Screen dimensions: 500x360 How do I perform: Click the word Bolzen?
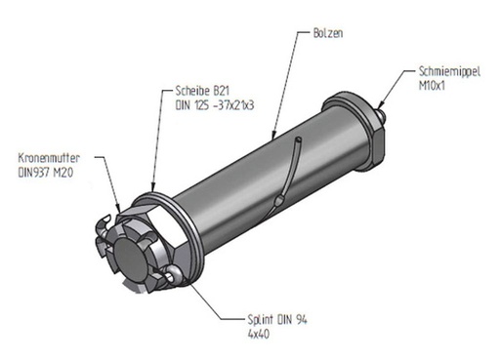(x=328, y=33)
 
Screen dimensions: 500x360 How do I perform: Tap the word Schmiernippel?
(x=449, y=71)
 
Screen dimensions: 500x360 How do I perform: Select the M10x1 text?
(x=432, y=86)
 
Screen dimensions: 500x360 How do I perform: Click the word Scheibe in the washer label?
(x=191, y=91)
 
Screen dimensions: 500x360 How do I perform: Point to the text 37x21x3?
(x=234, y=105)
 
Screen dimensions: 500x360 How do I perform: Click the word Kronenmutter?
(x=49, y=158)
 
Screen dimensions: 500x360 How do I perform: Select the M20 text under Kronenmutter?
(x=63, y=173)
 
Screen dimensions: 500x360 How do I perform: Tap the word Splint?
(x=260, y=320)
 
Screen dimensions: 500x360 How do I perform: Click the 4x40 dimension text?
(x=259, y=334)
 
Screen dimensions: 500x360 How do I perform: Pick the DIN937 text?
(x=34, y=173)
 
